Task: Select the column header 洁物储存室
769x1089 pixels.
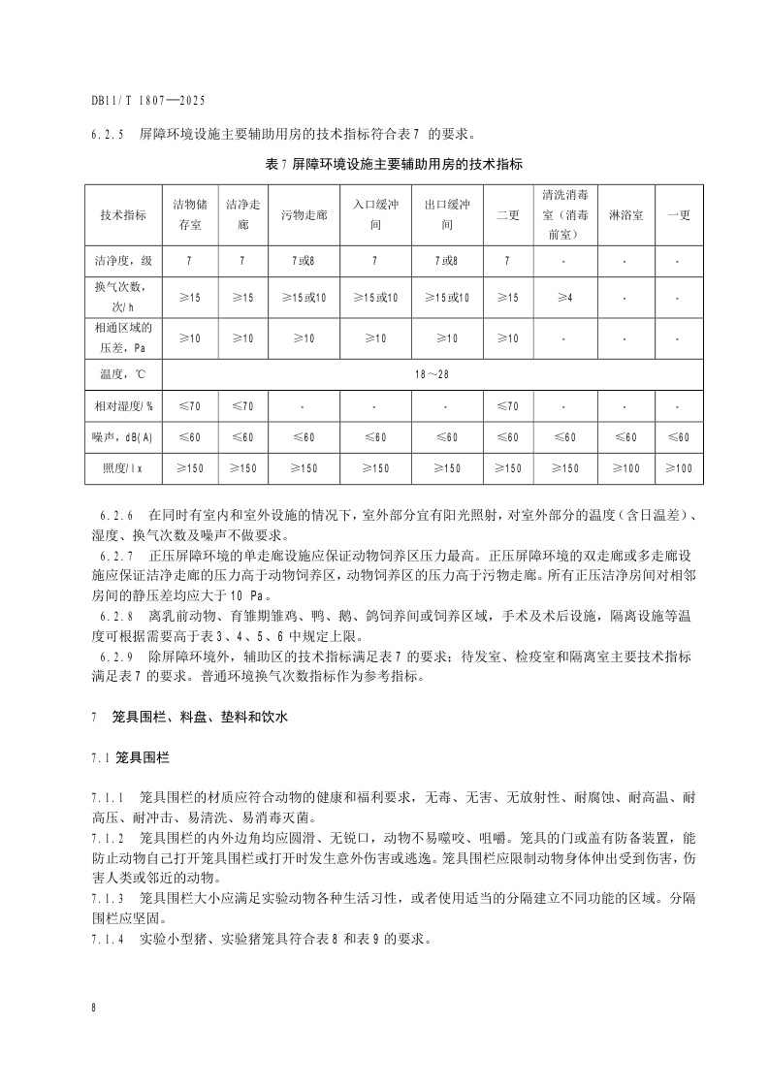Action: coord(189,214)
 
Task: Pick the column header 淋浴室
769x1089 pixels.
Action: coord(625,214)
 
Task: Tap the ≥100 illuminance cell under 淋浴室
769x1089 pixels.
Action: coord(625,468)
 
